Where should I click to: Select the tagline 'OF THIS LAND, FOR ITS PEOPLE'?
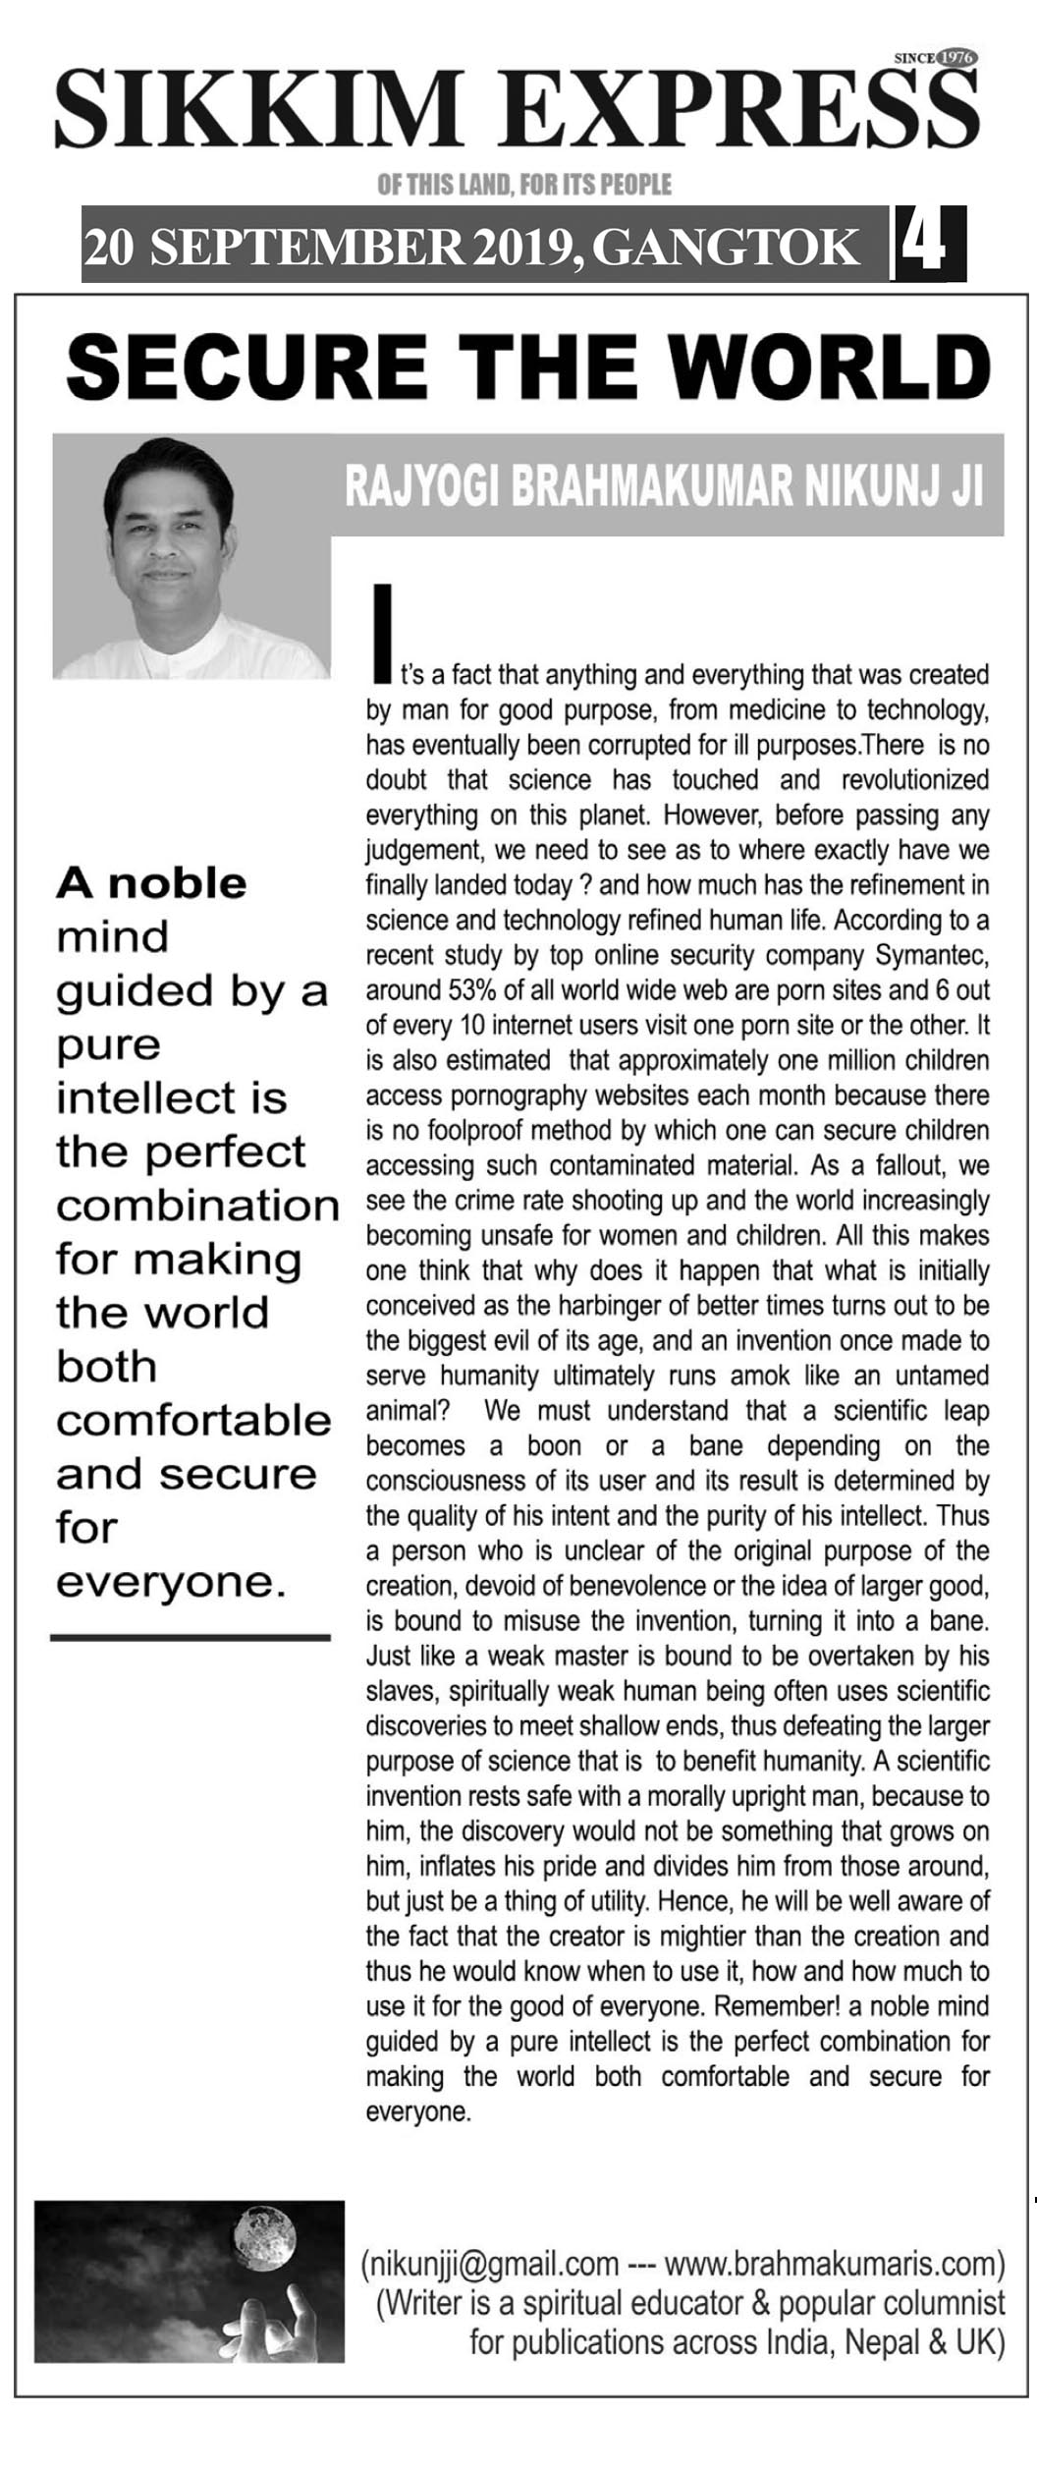point(524,185)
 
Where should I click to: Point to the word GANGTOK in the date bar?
point(726,248)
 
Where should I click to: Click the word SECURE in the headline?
point(246,366)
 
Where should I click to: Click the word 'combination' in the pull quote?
point(197,1206)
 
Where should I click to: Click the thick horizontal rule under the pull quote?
point(191,1638)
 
